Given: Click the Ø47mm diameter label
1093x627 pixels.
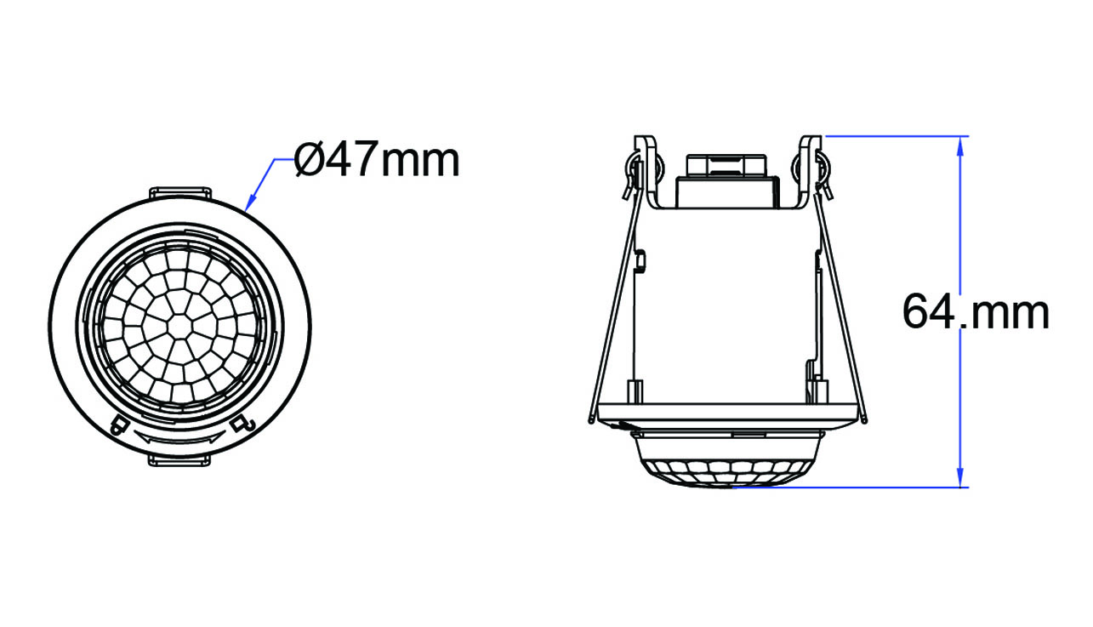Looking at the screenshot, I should click(377, 159).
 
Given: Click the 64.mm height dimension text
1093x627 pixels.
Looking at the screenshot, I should click(976, 313).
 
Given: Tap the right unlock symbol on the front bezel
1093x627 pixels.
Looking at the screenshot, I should click(242, 423).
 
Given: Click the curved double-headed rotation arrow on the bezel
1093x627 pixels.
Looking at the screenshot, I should click(179, 438).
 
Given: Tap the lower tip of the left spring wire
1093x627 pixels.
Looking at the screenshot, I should click(589, 419).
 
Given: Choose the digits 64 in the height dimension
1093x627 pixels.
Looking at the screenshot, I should click(929, 313).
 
